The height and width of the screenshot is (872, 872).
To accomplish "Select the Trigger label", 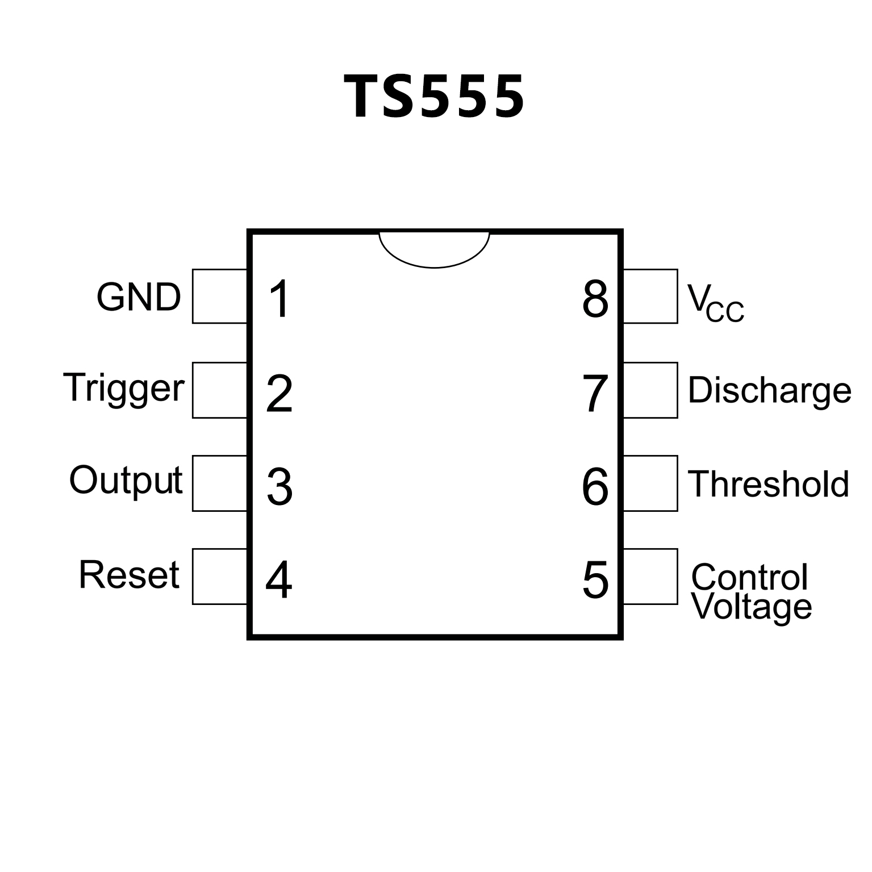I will (124, 389).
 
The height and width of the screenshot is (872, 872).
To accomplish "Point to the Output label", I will (126, 481).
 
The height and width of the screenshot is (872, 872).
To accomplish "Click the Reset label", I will (129, 574).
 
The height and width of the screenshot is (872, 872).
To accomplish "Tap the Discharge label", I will (770, 390).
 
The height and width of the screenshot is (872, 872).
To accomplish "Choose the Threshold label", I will (769, 484).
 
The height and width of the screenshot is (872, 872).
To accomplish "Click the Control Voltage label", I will (751, 592).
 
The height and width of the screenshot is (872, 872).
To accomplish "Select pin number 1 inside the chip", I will (279, 299).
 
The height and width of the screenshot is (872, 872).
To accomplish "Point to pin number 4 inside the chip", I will (279, 580).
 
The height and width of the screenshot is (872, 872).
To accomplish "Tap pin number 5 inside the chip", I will (595, 580).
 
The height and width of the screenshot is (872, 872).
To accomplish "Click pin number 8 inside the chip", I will (595, 299).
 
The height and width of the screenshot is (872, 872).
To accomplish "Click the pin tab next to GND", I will (220, 296).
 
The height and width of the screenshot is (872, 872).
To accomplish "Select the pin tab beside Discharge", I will (650, 390).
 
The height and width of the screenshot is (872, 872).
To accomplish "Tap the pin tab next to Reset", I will (220, 576).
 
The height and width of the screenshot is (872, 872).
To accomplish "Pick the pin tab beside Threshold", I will (650, 483).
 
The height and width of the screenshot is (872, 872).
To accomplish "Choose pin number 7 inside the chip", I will (595, 393).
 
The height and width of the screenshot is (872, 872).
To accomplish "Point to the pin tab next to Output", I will (220, 483).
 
